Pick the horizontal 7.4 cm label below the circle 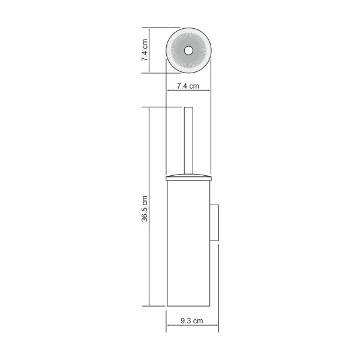pyautogui.click(x=188, y=86)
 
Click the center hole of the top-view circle pyautogui.click(x=188, y=50)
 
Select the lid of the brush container pyautogui.click(x=188, y=176)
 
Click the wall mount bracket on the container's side pyautogui.click(x=215, y=223)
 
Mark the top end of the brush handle pyautogui.click(x=188, y=109)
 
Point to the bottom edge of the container pyautogui.click(x=188, y=305)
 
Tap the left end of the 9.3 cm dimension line pyautogui.click(x=166, y=328)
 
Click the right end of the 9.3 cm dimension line pyautogui.click(x=219, y=328)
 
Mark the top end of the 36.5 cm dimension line pyautogui.click(x=149, y=107)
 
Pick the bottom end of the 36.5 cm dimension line pyautogui.click(x=149, y=306)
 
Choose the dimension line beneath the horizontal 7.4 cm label pyautogui.click(x=188, y=91)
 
